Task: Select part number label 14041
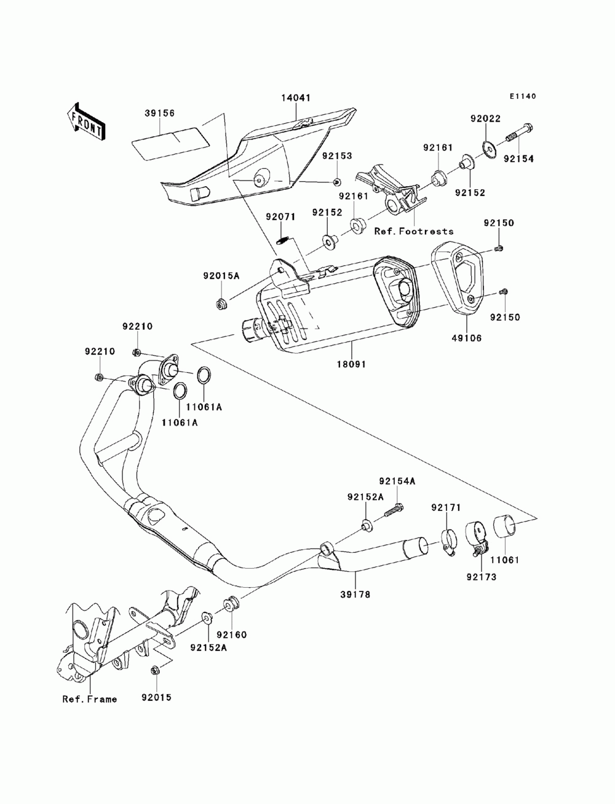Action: [296, 98]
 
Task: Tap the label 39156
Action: [160, 113]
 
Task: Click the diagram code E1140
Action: [523, 96]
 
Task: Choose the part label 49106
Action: [467, 338]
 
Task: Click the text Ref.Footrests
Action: [414, 232]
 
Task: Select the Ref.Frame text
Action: [89, 699]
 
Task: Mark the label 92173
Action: [482, 577]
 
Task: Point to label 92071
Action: [281, 217]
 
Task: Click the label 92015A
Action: [221, 276]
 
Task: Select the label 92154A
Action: [397, 482]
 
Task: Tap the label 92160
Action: [231, 634]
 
